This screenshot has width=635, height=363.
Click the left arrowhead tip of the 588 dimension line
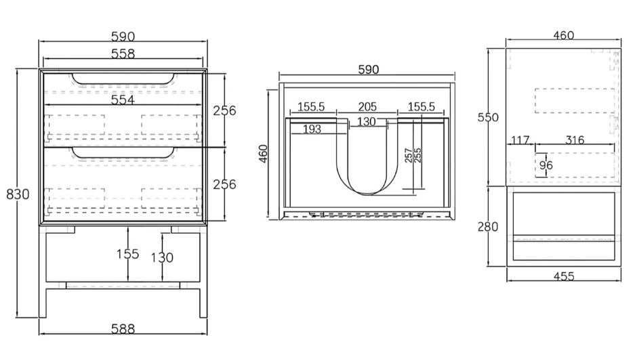tap(39, 335)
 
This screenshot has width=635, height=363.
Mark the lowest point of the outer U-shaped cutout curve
tap(368, 196)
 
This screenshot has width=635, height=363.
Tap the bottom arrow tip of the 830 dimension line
tap(17, 318)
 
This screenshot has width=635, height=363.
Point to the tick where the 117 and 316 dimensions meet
tap(535, 144)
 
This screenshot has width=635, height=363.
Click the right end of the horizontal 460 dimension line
tap(620, 40)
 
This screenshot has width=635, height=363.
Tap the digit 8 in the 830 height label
tap(10, 194)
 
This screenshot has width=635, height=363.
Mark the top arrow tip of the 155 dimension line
tap(128, 227)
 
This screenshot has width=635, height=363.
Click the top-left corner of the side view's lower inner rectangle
tap(513, 192)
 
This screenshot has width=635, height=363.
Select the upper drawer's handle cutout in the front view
tap(123, 79)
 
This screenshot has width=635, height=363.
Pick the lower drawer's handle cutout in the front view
tap(123, 152)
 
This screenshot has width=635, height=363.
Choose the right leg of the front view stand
tap(203, 271)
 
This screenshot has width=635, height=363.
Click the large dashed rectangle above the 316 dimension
tap(575, 100)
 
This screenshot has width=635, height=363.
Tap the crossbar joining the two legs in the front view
tap(123, 286)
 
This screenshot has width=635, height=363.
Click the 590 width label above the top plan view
tap(369, 70)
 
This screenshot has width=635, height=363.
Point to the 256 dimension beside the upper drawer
tap(224, 110)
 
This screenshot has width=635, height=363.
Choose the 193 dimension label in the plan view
tap(312, 129)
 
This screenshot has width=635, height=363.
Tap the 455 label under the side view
tap(564, 276)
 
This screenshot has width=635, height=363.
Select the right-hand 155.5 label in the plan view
tap(421, 107)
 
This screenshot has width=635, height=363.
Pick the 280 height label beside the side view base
tap(487, 227)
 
